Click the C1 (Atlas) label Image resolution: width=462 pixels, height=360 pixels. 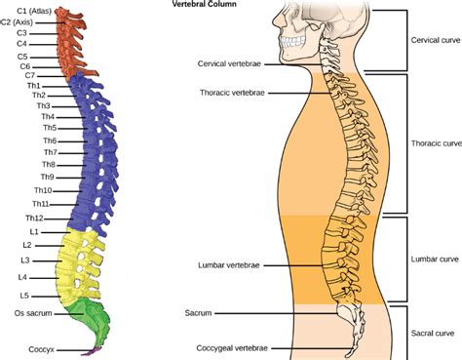(34, 11)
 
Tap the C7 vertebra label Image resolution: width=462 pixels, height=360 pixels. (30, 75)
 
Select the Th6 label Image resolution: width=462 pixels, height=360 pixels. (50, 140)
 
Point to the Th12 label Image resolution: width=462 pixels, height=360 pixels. (34, 218)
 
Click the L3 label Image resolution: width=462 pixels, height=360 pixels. (25, 260)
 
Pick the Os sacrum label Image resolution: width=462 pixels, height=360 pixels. (33, 313)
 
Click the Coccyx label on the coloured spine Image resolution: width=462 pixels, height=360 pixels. (41, 349)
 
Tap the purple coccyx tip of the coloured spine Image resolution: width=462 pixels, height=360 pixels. (92, 351)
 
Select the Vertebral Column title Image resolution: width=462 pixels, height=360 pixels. (204, 4)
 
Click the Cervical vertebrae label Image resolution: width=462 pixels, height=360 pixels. (229, 63)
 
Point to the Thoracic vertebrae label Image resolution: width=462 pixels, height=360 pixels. (232, 93)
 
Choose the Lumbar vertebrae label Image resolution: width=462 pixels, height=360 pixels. (229, 265)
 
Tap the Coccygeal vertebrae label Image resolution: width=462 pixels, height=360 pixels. (232, 348)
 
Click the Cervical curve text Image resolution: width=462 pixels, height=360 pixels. (436, 40)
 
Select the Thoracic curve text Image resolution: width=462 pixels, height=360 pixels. (437, 143)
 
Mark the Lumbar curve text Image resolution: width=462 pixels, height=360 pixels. (435, 260)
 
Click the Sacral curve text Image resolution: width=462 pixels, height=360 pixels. (433, 333)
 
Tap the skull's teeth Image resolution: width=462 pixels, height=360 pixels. (292, 41)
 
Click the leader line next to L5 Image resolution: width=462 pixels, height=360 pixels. (46, 297)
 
